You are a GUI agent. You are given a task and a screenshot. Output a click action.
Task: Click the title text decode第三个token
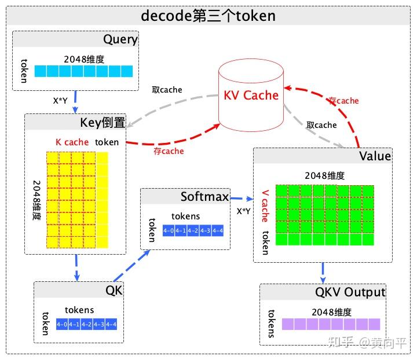point(209,16)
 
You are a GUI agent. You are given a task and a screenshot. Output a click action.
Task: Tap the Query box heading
point(120,40)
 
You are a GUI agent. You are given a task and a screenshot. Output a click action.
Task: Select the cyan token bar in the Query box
point(83,71)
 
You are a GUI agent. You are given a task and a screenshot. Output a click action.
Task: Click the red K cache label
point(72,142)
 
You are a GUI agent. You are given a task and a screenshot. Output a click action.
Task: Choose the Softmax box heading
point(204,196)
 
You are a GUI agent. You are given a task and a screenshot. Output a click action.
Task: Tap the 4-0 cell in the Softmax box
point(169,231)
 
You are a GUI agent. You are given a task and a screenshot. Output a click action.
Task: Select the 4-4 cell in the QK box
point(111,325)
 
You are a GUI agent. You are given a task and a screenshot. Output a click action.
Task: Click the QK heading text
point(114,290)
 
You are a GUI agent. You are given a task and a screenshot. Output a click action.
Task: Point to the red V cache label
point(265,205)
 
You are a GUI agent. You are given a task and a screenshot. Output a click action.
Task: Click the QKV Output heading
point(350,292)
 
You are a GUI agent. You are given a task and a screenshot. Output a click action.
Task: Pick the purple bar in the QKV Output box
point(331,324)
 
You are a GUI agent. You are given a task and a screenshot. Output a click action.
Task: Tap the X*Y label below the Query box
point(61,100)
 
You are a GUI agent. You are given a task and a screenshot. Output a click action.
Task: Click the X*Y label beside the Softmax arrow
point(243,211)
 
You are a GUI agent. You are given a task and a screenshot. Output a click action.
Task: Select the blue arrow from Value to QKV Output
point(323,272)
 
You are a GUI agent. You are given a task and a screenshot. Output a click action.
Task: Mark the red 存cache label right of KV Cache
point(343,101)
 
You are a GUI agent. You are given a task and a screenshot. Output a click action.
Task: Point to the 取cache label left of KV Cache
point(167,90)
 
